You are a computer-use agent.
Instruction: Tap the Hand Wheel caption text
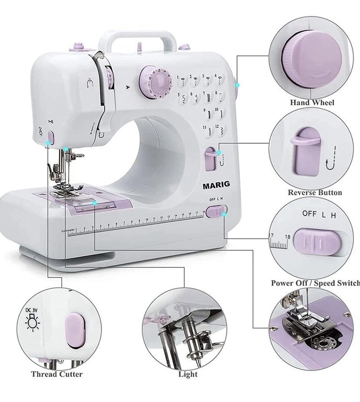312,103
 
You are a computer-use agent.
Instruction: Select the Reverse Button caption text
315,193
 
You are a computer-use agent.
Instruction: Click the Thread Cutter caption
57,374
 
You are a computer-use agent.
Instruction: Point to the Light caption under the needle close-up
188,374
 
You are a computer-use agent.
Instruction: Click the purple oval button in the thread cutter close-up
74,331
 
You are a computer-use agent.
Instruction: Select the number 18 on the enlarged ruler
287,237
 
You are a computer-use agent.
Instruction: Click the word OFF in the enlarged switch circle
309,214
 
